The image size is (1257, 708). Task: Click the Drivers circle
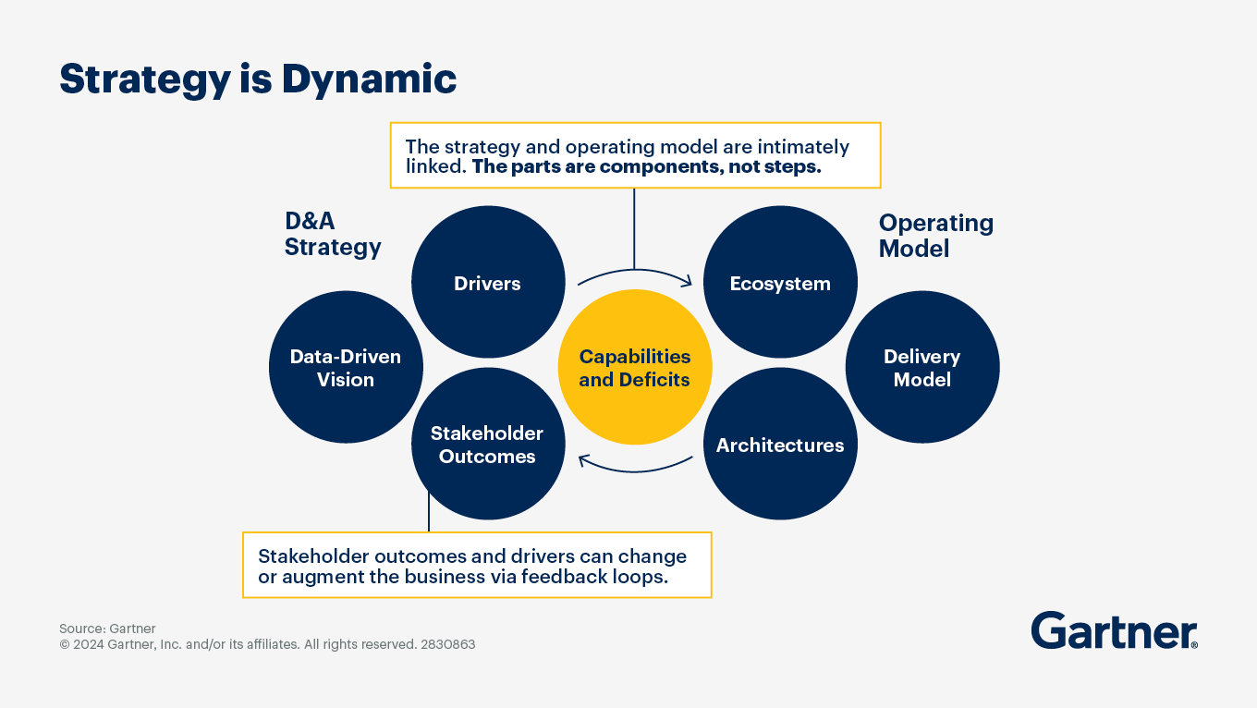click(488, 282)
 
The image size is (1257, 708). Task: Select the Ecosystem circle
click(780, 282)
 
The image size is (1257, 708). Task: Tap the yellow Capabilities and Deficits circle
click(635, 368)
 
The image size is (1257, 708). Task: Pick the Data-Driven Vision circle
click(346, 368)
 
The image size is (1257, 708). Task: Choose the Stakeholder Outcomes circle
click(488, 444)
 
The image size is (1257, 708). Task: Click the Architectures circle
click(780, 444)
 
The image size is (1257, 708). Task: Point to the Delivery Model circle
click(922, 368)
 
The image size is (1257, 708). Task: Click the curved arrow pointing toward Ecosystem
click(635, 271)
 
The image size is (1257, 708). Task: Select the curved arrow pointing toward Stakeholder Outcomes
click(635, 471)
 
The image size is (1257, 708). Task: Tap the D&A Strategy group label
click(332, 234)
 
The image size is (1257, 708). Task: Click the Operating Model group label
click(935, 236)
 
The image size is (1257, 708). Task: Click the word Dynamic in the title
click(369, 79)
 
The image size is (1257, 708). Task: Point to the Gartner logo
click(1115, 630)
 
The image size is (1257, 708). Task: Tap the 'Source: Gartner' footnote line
click(107, 629)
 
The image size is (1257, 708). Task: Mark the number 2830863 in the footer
click(447, 644)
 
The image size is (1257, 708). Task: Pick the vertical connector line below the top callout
click(634, 229)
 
